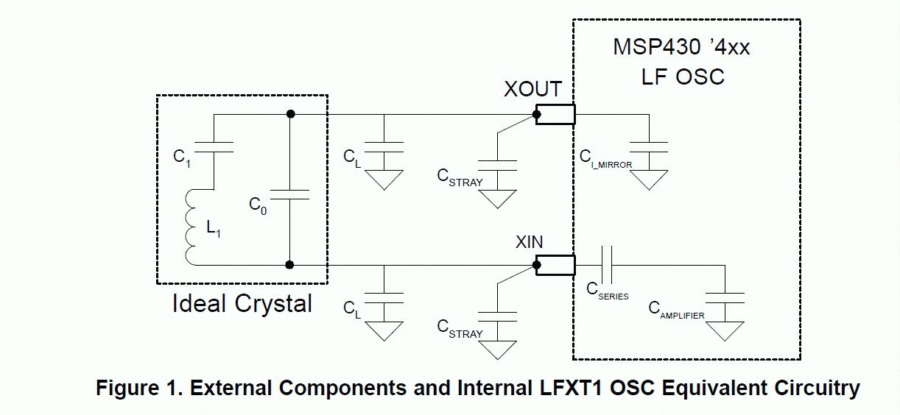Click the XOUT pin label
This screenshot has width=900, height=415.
pos(532,89)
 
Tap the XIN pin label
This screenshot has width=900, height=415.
pos(529,242)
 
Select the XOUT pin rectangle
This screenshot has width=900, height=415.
pos(555,114)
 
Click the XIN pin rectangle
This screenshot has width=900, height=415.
pos(555,266)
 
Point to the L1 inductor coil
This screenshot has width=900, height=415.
pos(189,227)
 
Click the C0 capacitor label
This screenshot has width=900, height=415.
pos(258,206)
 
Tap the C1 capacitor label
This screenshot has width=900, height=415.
pos(182,157)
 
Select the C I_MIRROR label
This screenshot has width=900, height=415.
pos(606,160)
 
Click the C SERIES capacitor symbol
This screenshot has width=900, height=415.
pos(607,266)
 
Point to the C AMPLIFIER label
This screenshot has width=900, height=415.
pos(676,311)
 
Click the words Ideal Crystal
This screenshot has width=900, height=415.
pos(242,304)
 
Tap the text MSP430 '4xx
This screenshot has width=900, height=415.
pos(681,47)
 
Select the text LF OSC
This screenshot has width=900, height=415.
pos(683,77)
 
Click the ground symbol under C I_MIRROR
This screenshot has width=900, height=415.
pos(649,180)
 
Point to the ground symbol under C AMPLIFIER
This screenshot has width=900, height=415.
pos(725,332)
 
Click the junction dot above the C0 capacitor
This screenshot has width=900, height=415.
pos(290,114)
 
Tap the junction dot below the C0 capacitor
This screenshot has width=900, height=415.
pos(289,265)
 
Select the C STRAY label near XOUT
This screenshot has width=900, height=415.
pos(460,177)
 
